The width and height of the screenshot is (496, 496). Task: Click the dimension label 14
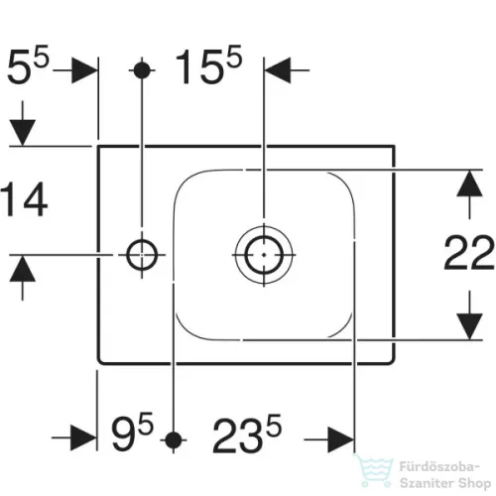pos(25,199)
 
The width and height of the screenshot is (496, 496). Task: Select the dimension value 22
pos(469,252)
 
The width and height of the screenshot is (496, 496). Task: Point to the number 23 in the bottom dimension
pos(237,435)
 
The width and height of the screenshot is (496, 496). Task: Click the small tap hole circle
pos(142,255)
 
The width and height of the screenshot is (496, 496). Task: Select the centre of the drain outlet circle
pos(264,255)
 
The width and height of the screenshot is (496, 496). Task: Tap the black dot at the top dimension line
pos(142,70)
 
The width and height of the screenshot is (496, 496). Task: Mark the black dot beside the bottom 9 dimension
pos(174,440)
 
